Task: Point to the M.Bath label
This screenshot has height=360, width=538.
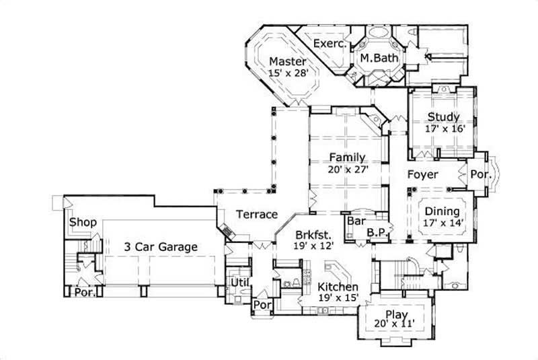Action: pos(380,59)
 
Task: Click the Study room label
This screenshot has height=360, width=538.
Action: pos(444,117)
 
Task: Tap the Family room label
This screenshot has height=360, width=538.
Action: pos(347,157)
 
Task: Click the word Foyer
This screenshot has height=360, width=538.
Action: pos(423,175)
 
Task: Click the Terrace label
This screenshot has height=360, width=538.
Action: pos(257,215)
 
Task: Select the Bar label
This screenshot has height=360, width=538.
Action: pos(355,220)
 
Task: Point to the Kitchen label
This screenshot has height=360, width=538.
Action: pos(338,287)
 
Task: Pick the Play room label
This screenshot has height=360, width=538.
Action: pos(394,314)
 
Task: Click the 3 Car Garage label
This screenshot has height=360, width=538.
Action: pos(161,247)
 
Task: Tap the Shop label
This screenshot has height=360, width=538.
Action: pos(83,223)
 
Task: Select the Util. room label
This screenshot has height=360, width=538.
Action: pos(239,282)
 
